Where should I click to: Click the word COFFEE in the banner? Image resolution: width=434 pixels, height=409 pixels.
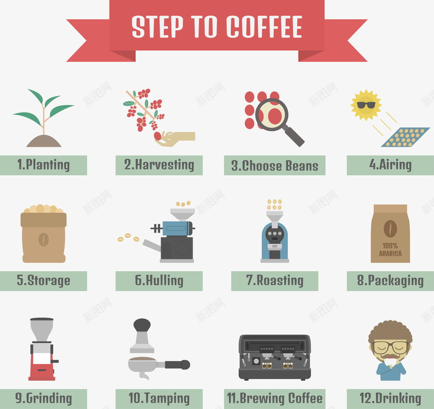(x=264, y=27)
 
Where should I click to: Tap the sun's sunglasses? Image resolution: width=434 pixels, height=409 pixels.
(x=366, y=105)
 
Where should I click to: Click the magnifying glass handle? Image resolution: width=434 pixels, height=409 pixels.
(x=294, y=136)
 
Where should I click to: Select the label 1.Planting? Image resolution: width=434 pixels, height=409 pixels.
(x=43, y=165)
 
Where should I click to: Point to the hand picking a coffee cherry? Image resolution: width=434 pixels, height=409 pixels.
(x=176, y=138)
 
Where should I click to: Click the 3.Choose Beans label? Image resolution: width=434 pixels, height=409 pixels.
(x=275, y=165)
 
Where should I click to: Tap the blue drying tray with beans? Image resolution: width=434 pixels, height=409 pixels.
(x=405, y=137)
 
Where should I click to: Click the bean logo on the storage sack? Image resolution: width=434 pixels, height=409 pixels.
(x=43, y=239)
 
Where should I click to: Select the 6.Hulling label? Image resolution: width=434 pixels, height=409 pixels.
(x=159, y=281)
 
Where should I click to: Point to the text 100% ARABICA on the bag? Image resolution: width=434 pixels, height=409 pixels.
(x=390, y=250)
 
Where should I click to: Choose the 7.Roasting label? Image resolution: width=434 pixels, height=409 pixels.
(x=275, y=281)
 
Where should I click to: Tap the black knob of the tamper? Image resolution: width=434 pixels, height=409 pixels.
(x=142, y=325)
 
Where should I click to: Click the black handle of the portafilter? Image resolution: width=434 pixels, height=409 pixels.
(x=177, y=365)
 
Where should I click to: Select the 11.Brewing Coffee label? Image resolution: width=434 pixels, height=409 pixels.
(x=275, y=399)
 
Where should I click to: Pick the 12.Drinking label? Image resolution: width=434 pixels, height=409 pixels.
(x=390, y=399)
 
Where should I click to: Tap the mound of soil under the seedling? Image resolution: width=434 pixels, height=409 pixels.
(x=44, y=141)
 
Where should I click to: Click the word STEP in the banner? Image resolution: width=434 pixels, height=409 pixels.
(x=157, y=27)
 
